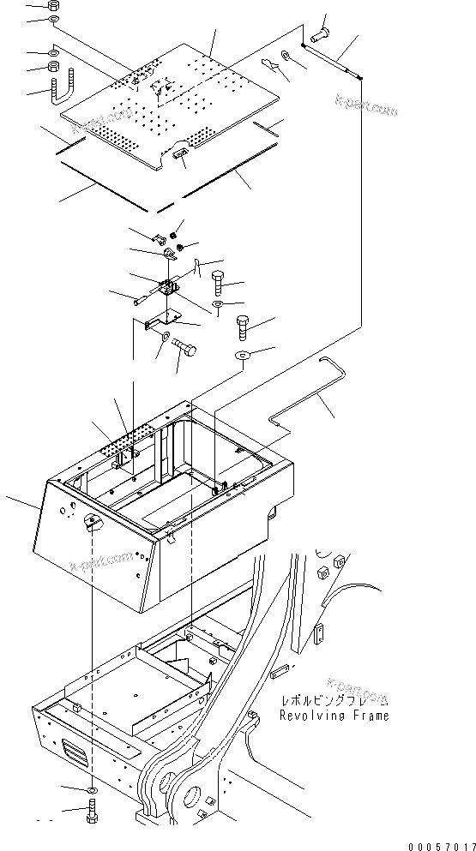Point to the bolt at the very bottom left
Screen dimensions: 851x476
pos(92,810)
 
